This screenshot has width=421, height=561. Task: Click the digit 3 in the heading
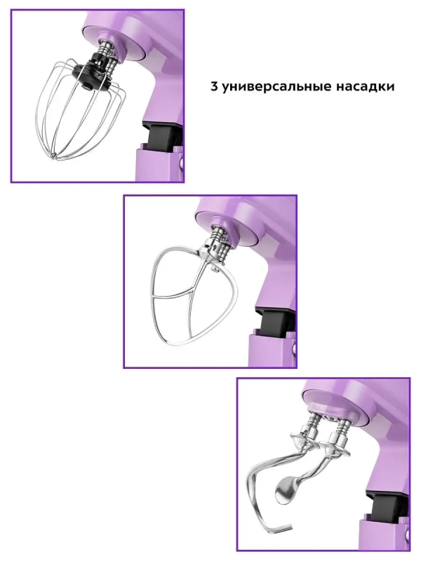[214, 87]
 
